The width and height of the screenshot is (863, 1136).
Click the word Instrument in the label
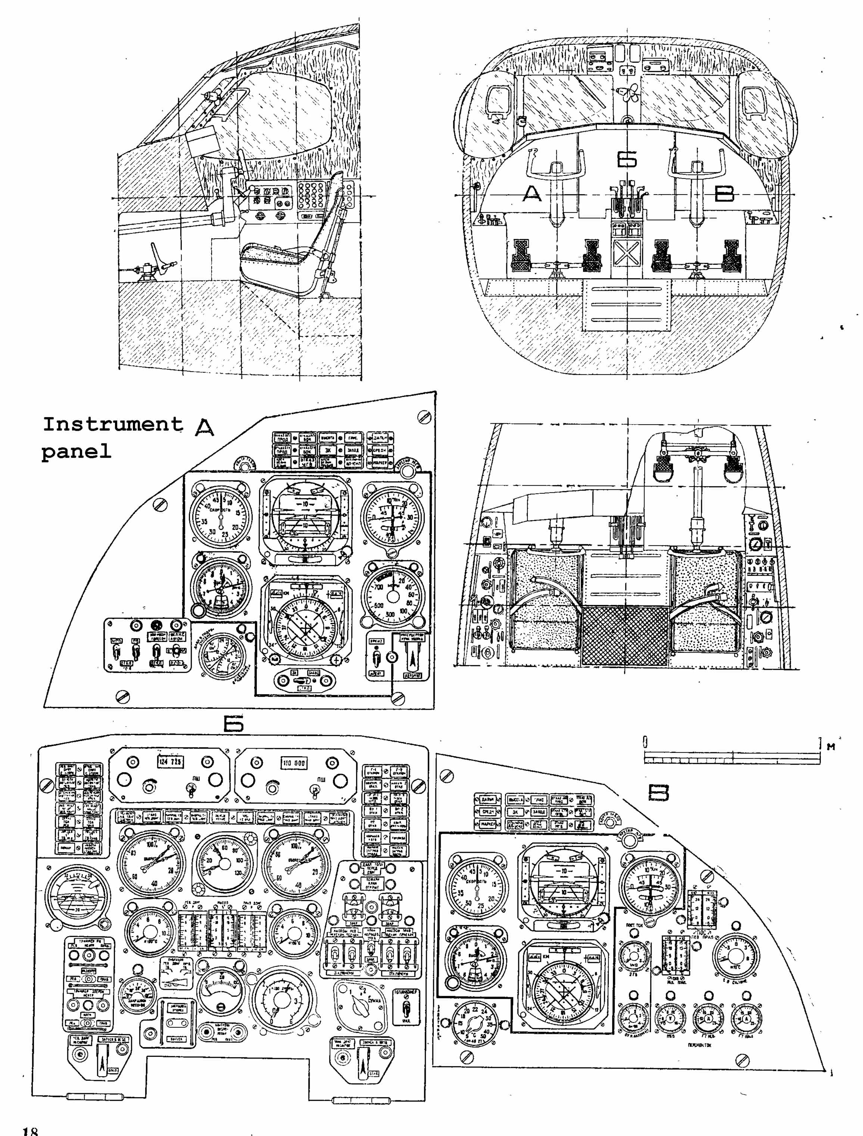[112, 424]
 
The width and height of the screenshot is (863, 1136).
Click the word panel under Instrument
[76, 451]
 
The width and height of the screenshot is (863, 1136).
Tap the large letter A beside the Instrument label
[205, 428]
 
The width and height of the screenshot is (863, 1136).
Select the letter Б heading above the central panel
[234, 724]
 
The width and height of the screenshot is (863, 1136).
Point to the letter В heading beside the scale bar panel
[658, 793]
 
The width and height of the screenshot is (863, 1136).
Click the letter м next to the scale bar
[831, 747]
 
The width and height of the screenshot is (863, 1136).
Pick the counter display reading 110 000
[294, 763]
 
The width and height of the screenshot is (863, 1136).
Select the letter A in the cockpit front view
[532, 194]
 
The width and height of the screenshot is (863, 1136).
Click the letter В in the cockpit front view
[725, 194]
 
